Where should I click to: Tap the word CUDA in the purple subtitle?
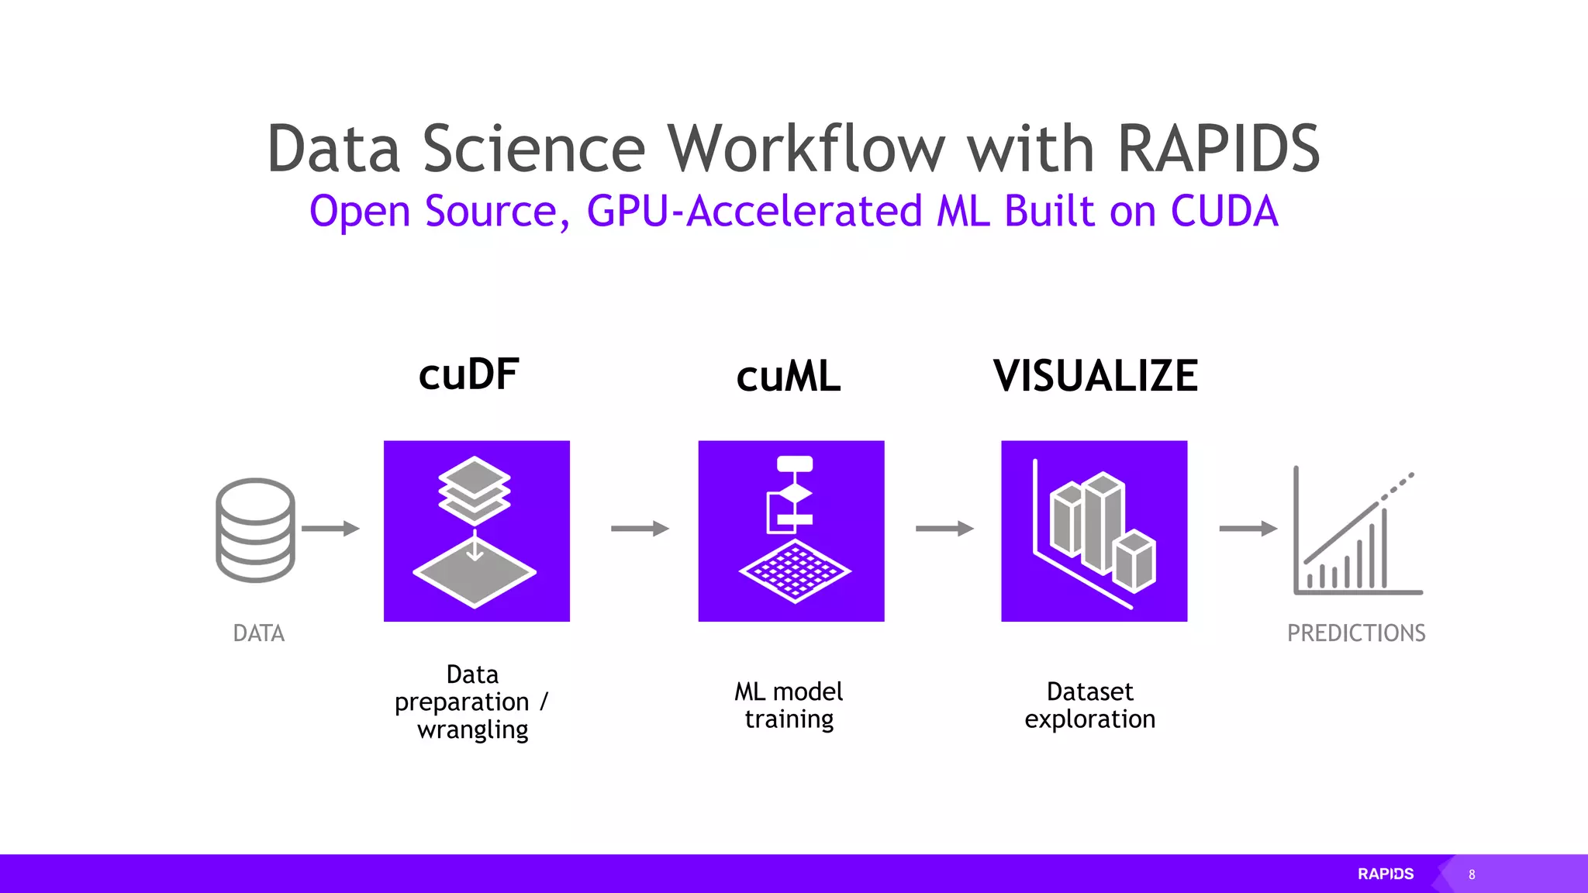point(1224,212)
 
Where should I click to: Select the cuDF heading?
point(469,375)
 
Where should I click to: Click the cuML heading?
point(789,378)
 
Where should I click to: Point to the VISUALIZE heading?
point(1095,377)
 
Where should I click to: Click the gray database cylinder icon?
point(255,529)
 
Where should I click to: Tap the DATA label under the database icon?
point(259,633)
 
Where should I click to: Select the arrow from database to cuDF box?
point(330,529)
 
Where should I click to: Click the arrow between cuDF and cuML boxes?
point(640,529)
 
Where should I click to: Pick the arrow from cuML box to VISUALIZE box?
point(944,529)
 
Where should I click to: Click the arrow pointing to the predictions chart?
point(1248,529)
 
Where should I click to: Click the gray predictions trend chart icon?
point(1357,533)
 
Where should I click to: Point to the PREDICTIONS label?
point(1356,633)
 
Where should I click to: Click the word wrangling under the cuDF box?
point(473,730)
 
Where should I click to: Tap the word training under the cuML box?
point(789,719)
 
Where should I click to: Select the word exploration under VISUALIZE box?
point(1089,719)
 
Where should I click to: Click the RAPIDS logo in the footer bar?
point(1386,874)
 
